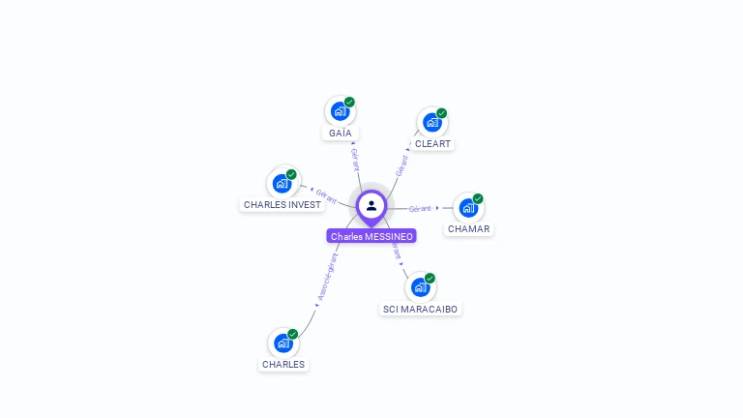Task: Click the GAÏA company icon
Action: pos(340,111)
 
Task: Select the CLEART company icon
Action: pos(431,123)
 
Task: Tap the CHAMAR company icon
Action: pos(468,208)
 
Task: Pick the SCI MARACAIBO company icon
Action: pos(420,287)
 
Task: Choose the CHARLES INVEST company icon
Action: pos(282,183)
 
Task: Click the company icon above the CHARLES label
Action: pos(283,343)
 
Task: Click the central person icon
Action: pos(371,205)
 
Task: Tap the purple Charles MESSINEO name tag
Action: pos(371,236)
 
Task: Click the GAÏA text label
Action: pos(340,133)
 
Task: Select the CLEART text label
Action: pos(432,144)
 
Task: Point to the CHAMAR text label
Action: pos(468,229)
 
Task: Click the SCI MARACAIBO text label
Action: pos(420,309)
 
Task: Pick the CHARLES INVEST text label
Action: pos(282,205)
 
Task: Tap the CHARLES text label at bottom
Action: pos(283,365)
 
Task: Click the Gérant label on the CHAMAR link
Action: pos(420,208)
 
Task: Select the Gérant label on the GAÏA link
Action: pos(355,159)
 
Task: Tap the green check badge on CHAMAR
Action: pos(478,198)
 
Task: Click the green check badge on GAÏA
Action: pos(349,102)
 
